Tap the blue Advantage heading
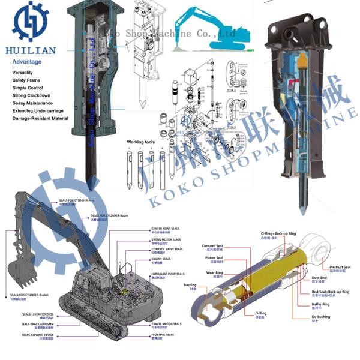tap(27, 62)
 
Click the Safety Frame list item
tap(26, 80)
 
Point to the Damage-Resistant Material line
tap(40, 119)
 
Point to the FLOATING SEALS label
tap(162, 335)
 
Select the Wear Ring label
tap(215, 272)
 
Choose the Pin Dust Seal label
tap(340, 266)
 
